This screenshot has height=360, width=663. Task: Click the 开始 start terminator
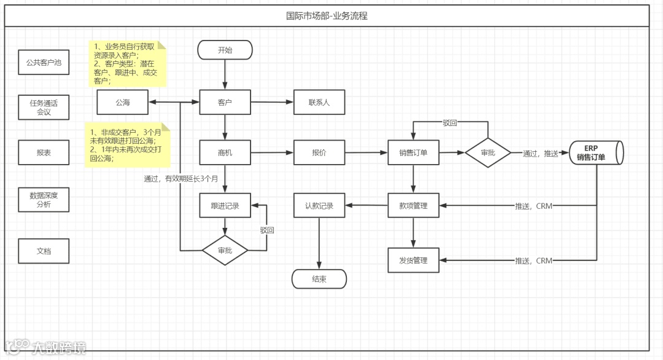(225, 50)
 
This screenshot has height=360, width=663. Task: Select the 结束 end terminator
(319, 279)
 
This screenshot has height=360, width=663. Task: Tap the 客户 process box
(225, 102)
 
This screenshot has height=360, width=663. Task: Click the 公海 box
(123, 102)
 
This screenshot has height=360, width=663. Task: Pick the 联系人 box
(319, 102)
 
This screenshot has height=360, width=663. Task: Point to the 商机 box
(225, 152)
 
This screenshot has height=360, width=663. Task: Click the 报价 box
(319, 152)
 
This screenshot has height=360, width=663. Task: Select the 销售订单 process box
(413, 152)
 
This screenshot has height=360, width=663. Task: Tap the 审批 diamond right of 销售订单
(488, 152)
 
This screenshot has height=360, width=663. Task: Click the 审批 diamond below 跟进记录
(225, 251)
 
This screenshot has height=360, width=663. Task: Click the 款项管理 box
(413, 206)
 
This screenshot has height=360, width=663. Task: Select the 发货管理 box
(413, 260)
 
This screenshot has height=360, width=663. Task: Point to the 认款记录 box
(319, 206)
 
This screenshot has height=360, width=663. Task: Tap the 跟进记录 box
(225, 206)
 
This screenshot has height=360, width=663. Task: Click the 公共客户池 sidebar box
(44, 63)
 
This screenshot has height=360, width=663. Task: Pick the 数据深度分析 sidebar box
(44, 200)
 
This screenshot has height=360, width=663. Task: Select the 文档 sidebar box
(44, 251)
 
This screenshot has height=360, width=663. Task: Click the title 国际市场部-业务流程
(327, 16)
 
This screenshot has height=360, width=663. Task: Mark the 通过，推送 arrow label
(540, 154)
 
